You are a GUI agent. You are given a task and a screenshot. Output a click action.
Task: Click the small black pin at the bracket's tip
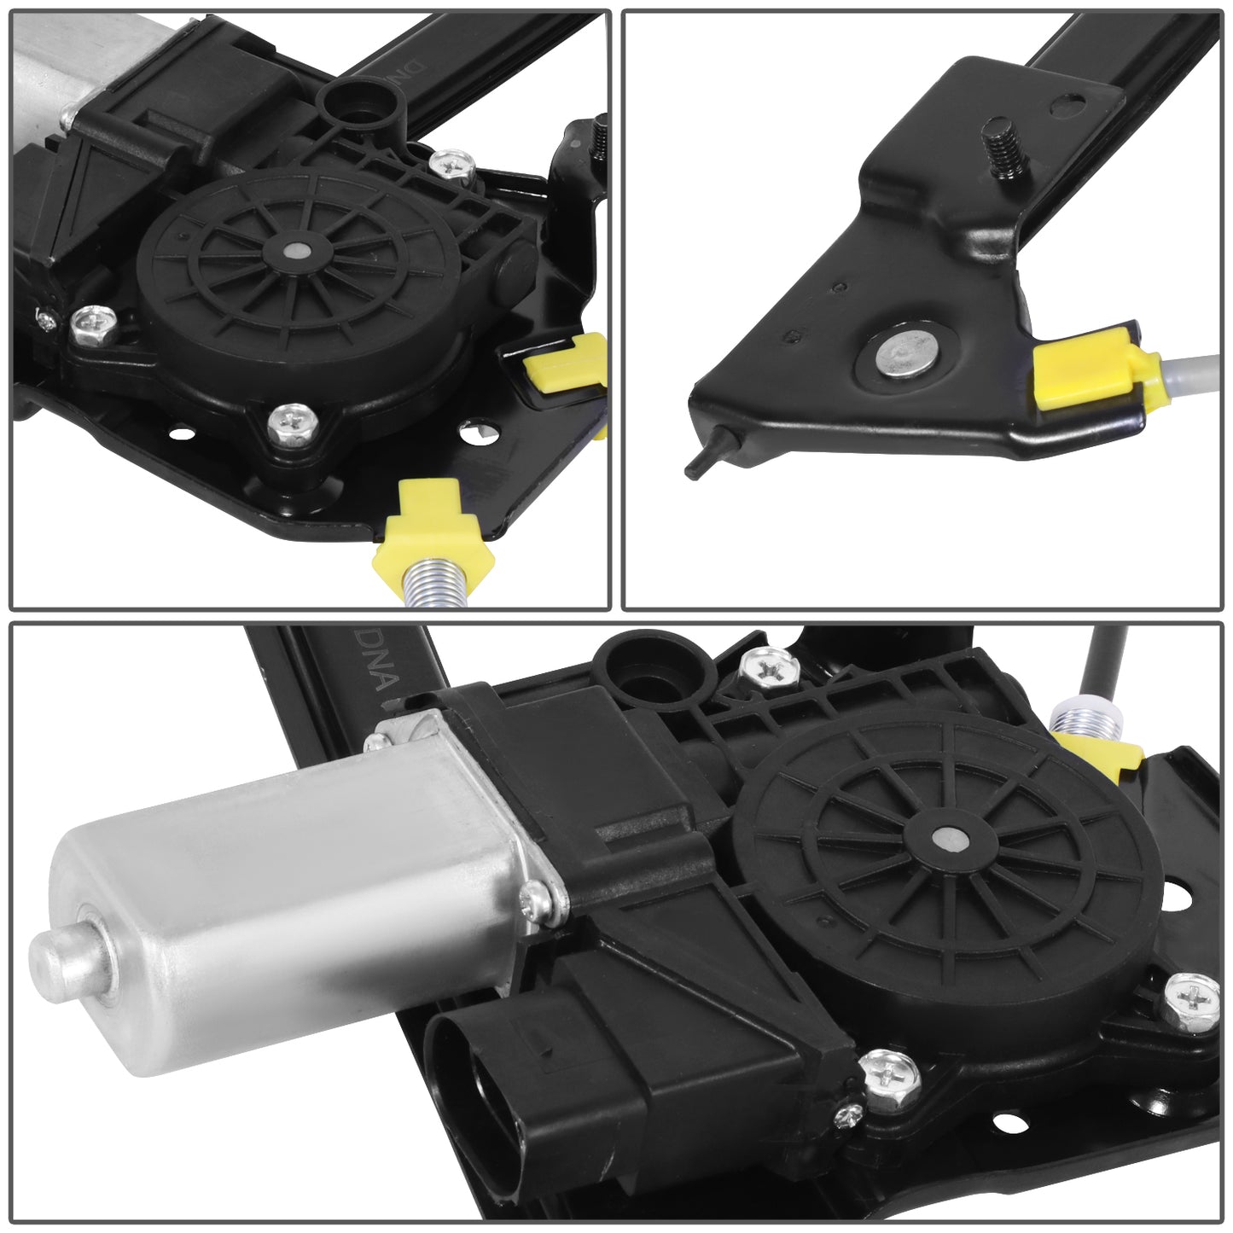pyautogui.click(x=707, y=452)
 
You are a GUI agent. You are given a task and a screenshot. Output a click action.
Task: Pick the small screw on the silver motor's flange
pyautogui.click(x=537, y=896)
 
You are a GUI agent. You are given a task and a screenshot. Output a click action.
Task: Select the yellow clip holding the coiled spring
pyautogui.click(x=433, y=534)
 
